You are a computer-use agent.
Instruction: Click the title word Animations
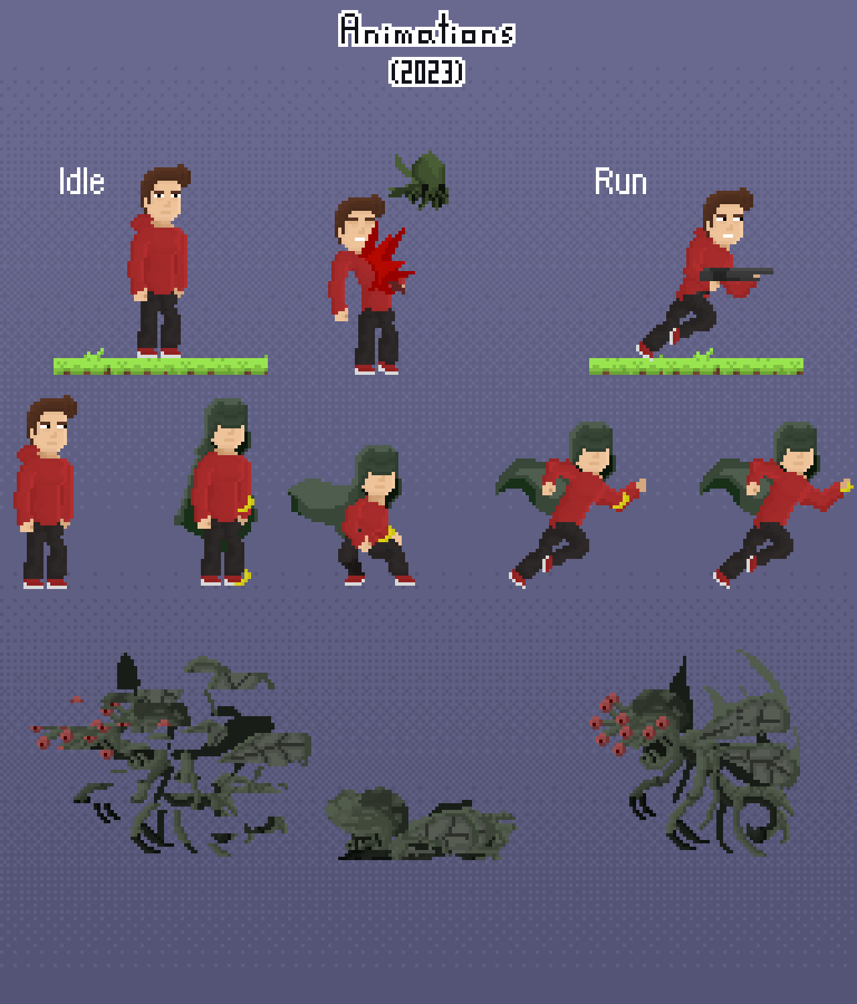click(x=426, y=30)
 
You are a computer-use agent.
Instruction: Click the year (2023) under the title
click(x=426, y=72)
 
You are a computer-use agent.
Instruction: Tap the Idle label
click(x=82, y=181)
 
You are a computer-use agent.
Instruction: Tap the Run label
click(x=621, y=181)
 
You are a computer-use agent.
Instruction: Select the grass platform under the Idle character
click(x=161, y=365)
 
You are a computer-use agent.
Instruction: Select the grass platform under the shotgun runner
click(x=696, y=365)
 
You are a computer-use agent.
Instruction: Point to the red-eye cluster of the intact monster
click(x=619, y=726)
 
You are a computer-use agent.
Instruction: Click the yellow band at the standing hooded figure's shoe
click(x=244, y=577)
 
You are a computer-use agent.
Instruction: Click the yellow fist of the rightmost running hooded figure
click(x=846, y=485)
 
